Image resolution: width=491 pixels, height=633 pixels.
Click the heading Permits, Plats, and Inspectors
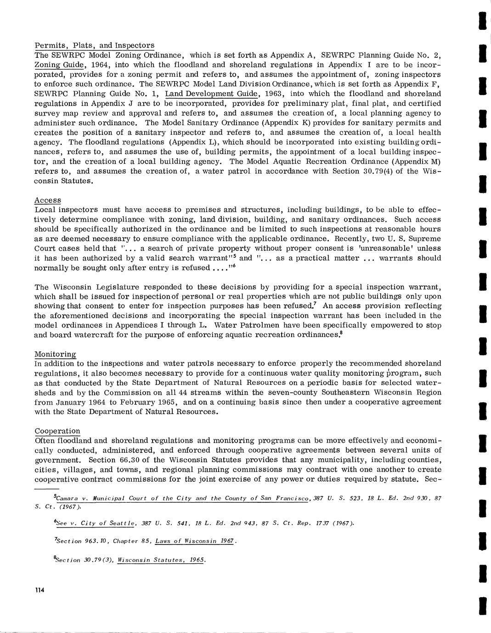click(95, 45)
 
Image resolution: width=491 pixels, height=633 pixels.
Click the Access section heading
click(48, 200)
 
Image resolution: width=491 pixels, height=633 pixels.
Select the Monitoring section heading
click(56, 354)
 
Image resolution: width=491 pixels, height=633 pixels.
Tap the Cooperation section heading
click(57, 431)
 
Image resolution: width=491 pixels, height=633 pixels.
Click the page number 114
click(39, 590)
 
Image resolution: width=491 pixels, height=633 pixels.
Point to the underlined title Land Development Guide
click(212, 94)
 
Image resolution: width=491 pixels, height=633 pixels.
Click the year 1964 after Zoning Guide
click(102, 65)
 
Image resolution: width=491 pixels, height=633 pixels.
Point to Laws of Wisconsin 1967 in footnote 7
click(195, 541)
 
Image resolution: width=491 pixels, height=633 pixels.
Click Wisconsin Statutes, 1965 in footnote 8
click(161, 560)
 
